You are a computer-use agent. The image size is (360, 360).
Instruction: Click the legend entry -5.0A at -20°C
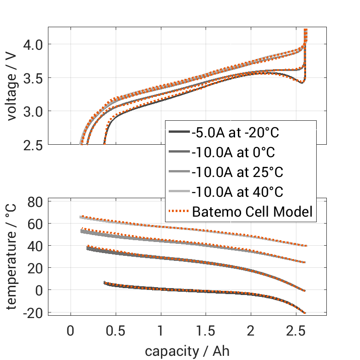(x=235, y=133)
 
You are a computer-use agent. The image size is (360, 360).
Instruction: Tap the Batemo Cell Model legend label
(x=253, y=212)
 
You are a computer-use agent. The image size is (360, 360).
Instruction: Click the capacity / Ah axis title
(x=187, y=351)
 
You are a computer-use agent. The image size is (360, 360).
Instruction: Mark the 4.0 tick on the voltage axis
(x=33, y=44)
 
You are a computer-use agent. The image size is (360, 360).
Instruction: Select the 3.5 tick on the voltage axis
(x=33, y=78)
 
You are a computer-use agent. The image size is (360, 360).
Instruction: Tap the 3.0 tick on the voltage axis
(x=33, y=112)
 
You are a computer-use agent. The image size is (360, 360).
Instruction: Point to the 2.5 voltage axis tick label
(x=33, y=145)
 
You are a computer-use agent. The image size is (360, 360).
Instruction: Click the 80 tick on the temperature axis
(x=36, y=202)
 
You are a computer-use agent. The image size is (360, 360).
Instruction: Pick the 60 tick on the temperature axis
(x=36, y=224)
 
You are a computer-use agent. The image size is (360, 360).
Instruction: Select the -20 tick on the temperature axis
(x=33, y=313)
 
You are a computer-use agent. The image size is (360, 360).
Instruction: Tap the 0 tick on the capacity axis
(x=71, y=332)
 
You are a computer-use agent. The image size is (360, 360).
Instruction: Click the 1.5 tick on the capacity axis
(x=206, y=332)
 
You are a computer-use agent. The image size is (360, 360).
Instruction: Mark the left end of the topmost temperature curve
(x=81, y=217)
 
